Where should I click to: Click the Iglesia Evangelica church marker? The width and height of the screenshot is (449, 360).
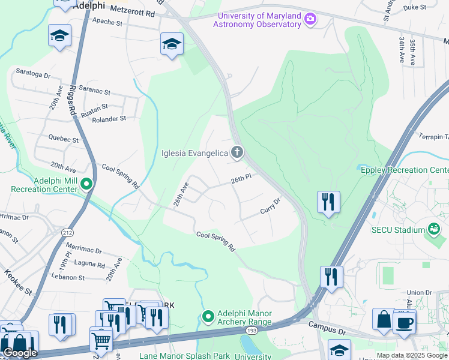[237, 152]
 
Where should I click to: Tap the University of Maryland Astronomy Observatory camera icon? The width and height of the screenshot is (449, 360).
[310, 19]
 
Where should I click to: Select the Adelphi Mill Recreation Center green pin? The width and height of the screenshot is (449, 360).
[86, 184]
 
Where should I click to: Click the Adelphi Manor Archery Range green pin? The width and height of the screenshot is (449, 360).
[208, 316]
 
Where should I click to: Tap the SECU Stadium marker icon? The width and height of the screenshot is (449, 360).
[433, 229]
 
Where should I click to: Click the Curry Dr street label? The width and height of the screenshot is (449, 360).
[270, 207]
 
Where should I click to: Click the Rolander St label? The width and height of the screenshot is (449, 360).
[109, 119]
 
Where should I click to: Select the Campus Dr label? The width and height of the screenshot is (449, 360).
[328, 325]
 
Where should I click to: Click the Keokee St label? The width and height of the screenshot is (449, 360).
[18, 283]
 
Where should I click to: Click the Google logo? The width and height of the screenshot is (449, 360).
[20, 353]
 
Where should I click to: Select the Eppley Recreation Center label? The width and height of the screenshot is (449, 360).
[404, 170]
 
